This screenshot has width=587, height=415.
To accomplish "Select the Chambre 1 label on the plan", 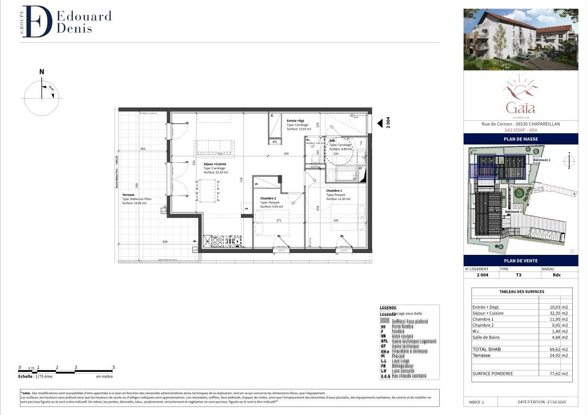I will point(334,190).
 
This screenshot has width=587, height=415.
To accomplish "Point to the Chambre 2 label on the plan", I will point(268,198).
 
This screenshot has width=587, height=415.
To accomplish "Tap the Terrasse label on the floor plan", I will point(128,195).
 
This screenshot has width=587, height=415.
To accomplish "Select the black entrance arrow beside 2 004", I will point(380,123).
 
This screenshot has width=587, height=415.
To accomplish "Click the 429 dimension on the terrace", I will point(165,242).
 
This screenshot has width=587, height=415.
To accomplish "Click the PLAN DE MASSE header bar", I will point(521,139).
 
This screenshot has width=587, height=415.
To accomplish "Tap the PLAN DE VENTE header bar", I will point(521,261).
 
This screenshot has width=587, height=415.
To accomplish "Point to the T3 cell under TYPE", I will point(518,275).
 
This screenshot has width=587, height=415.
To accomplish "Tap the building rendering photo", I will point(521,39).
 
